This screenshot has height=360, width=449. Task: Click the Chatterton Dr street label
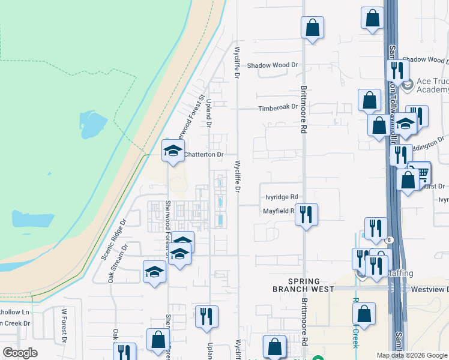(x=203, y=154)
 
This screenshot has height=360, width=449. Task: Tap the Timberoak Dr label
(x=278, y=107)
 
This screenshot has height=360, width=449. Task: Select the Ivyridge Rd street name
(x=282, y=197)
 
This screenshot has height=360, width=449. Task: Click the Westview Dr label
(x=429, y=289)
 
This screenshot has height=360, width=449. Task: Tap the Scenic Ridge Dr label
(x=115, y=238)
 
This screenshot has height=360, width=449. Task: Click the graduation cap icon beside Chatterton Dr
(x=173, y=150)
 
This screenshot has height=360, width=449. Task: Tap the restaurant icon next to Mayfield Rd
(x=306, y=214)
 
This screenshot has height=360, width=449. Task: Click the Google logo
(x=20, y=353)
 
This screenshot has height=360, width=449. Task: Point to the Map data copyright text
(x=411, y=355)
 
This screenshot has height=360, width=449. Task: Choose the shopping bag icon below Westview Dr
(x=364, y=313)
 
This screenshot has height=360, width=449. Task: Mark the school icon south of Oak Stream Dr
(x=154, y=272)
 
